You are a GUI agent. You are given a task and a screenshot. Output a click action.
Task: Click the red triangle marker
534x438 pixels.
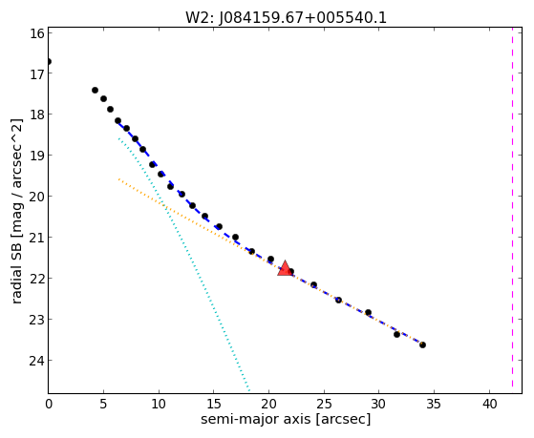pos(285,268)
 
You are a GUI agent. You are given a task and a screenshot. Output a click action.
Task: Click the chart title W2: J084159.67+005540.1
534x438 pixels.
pos(286,17)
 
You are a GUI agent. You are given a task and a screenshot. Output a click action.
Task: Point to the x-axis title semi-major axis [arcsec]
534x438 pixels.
pos(286,419)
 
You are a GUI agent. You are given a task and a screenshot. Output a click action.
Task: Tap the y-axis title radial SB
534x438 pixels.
pos(16,266)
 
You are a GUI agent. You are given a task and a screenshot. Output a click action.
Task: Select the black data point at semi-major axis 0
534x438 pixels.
pos(49,62)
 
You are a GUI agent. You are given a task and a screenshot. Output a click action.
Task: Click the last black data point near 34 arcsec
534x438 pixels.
pos(422,344)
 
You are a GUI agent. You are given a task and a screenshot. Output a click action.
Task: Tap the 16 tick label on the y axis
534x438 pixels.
pos(37,33)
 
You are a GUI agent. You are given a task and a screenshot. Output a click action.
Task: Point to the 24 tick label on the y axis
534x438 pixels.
pos(37,360)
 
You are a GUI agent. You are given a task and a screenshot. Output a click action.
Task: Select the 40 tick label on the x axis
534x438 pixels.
pos(489,404)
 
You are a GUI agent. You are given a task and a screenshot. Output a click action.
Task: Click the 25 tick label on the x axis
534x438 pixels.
pos(324,404)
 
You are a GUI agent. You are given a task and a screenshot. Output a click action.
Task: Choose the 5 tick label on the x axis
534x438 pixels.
pos(103,404)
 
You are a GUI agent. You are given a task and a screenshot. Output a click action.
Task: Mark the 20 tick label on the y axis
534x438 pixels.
pos(37,197)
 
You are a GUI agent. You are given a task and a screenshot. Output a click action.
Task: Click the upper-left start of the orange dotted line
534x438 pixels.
pos(118,179)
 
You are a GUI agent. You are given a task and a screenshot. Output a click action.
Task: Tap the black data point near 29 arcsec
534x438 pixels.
pos(368,312)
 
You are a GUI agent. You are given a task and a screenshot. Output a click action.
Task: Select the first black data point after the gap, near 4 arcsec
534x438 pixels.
pos(95,91)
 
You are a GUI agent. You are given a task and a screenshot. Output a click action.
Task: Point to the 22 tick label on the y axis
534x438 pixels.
pos(37,279)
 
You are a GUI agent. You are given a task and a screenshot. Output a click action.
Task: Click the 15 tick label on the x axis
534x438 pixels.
pos(214,404)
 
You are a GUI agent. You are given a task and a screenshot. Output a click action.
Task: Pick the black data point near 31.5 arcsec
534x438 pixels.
pos(396,334)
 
